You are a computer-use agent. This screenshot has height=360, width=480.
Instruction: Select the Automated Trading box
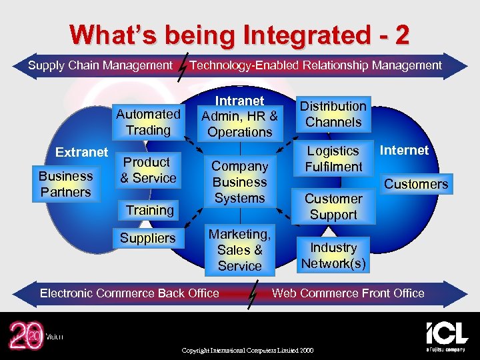(148, 122)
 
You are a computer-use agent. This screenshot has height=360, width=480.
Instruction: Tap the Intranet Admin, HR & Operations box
(239, 117)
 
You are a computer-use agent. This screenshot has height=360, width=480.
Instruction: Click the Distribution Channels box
(333, 114)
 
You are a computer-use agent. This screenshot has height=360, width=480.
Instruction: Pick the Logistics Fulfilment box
(333, 159)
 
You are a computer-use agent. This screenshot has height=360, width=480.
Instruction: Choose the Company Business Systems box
(239, 182)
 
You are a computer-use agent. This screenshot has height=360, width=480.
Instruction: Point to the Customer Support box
(333, 207)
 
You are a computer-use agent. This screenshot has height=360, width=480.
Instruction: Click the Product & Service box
(148, 171)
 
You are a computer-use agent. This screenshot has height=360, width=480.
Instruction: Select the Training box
(149, 210)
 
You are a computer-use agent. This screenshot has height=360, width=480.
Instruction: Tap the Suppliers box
(148, 238)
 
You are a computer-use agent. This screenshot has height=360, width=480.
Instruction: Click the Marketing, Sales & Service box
(239, 250)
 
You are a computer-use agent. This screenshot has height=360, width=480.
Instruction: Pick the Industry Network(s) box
(333, 255)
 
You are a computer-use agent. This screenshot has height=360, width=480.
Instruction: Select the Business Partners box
(65, 184)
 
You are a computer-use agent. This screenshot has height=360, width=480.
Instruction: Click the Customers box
(416, 184)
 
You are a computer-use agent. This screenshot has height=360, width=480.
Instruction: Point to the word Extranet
(81, 153)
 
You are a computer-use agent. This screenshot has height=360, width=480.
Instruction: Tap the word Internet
(405, 151)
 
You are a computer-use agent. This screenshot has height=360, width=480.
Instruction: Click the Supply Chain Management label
(100, 65)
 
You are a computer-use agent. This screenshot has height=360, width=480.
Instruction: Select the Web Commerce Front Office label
(348, 293)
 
